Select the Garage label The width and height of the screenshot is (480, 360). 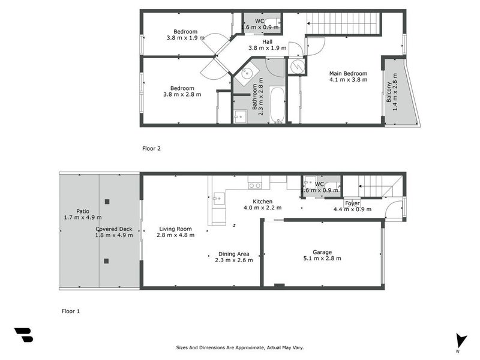pyautogui.click(x=322, y=253)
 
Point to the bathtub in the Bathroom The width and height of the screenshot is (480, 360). pyautogui.click(x=277, y=105)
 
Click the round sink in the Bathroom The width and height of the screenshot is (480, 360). pyautogui.click(x=246, y=74)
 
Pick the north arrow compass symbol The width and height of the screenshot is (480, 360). pyautogui.click(x=460, y=341)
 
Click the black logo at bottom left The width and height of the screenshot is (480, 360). pyautogui.click(x=23, y=335)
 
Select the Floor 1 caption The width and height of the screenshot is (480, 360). pyautogui.click(x=71, y=311)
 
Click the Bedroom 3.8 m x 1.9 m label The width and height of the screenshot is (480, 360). pyautogui.click(x=185, y=34)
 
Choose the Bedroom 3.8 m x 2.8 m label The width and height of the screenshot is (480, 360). pyautogui.click(x=182, y=91)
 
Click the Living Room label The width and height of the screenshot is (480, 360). pyautogui.click(x=175, y=229)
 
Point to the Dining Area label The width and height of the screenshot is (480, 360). pyautogui.click(x=234, y=254)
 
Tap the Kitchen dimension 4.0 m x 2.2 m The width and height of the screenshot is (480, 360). pyautogui.click(x=262, y=208)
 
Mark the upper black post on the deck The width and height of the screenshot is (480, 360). pyautogui.click(x=107, y=202)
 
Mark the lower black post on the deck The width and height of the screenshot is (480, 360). pyautogui.click(x=106, y=261)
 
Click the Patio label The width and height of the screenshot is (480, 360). pyautogui.click(x=83, y=211)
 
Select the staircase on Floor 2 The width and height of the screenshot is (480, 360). pyautogui.click(x=344, y=24)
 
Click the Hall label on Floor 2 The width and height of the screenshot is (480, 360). pyautogui.click(x=267, y=41)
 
